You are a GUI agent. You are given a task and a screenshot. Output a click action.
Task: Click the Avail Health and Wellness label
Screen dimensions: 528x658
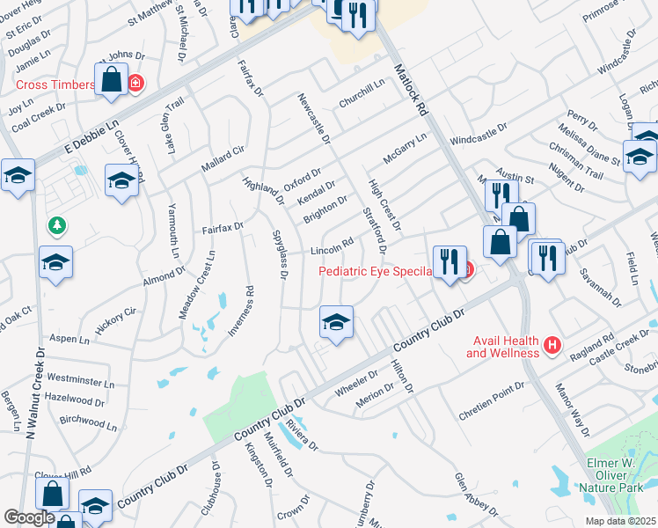tap(502, 347)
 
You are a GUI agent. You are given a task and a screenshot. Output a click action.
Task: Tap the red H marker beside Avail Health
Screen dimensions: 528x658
tap(552, 344)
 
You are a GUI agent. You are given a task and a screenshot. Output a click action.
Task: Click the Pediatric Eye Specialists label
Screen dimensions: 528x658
tap(375, 271)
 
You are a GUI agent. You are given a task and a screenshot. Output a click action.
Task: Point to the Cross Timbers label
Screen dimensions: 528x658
tap(55, 84)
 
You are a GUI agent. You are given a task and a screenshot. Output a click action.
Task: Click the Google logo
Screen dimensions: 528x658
tap(29, 517)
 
